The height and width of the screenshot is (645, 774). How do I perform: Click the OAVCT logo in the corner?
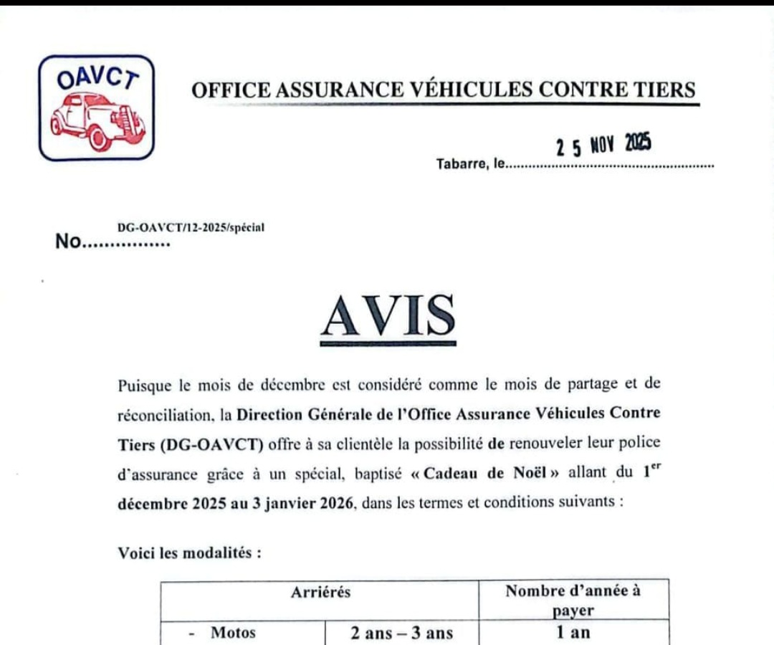click(96, 107)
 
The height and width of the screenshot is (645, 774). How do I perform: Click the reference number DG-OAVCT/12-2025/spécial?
click(191, 227)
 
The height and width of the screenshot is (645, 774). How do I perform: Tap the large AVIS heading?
click(388, 317)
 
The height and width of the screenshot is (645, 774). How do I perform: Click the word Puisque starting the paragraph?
click(145, 385)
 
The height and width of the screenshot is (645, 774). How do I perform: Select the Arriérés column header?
click(320, 592)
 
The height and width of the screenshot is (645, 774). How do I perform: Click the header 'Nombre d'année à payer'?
click(573, 601)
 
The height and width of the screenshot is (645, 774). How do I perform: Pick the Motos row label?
click(233, 633)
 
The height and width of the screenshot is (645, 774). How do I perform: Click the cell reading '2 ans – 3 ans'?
click(401, 633)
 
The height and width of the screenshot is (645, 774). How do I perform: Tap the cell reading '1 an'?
click(573, 633)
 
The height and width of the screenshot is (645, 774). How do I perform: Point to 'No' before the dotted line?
click(69, 242)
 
